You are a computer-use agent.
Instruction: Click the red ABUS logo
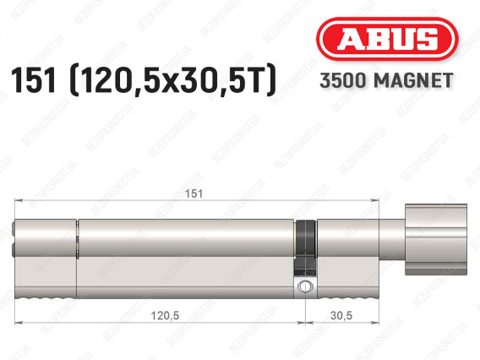point(387,39)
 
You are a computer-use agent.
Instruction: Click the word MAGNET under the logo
point(413,80)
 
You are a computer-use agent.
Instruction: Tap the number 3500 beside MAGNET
point(343,80)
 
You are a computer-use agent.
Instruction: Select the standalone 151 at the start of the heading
point(34,80)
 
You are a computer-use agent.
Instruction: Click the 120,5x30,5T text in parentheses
point(173,81)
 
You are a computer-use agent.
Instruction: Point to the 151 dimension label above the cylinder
point(194,194)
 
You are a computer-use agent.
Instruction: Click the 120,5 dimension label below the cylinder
point(165,315)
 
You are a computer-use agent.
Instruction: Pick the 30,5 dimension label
point(341,315)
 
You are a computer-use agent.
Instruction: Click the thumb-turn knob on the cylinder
point(436,239)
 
